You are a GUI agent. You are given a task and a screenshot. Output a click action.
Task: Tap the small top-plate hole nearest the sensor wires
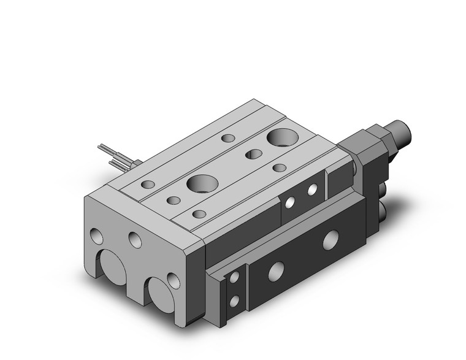point(148,183)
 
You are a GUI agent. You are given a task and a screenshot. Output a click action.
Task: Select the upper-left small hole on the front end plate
point(97,234)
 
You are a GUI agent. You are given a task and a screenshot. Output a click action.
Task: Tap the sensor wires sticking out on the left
point(116,155)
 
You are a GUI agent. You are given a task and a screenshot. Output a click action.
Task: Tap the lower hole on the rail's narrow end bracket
point(234,301)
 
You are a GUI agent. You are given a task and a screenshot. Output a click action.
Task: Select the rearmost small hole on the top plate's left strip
point(229,139)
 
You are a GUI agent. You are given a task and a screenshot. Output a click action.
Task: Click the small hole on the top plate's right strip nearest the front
point(198,213)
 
